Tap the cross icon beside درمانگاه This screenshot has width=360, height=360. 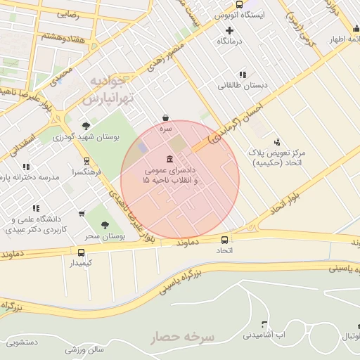[x=229, y=30]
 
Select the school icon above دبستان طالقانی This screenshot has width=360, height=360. [x=243, y=74]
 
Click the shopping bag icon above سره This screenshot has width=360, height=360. [x=165, y=117]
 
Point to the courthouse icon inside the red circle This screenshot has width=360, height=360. [x=169, y=158]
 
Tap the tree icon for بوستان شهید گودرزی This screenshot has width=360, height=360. [x=86, y=126]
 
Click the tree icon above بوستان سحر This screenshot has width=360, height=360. [x=105, y=225]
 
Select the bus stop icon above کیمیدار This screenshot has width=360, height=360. [x=82, y=252]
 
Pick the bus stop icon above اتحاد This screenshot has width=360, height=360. [x=224, y=239]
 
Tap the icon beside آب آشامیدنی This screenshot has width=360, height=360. [x=264, y=325]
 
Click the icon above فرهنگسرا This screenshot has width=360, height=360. [x=86, y=160]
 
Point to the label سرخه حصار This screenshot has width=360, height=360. [x=182, y=337]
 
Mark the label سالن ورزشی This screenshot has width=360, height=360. [x=85, y=349]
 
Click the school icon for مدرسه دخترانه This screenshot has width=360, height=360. [x=26, y=167]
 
